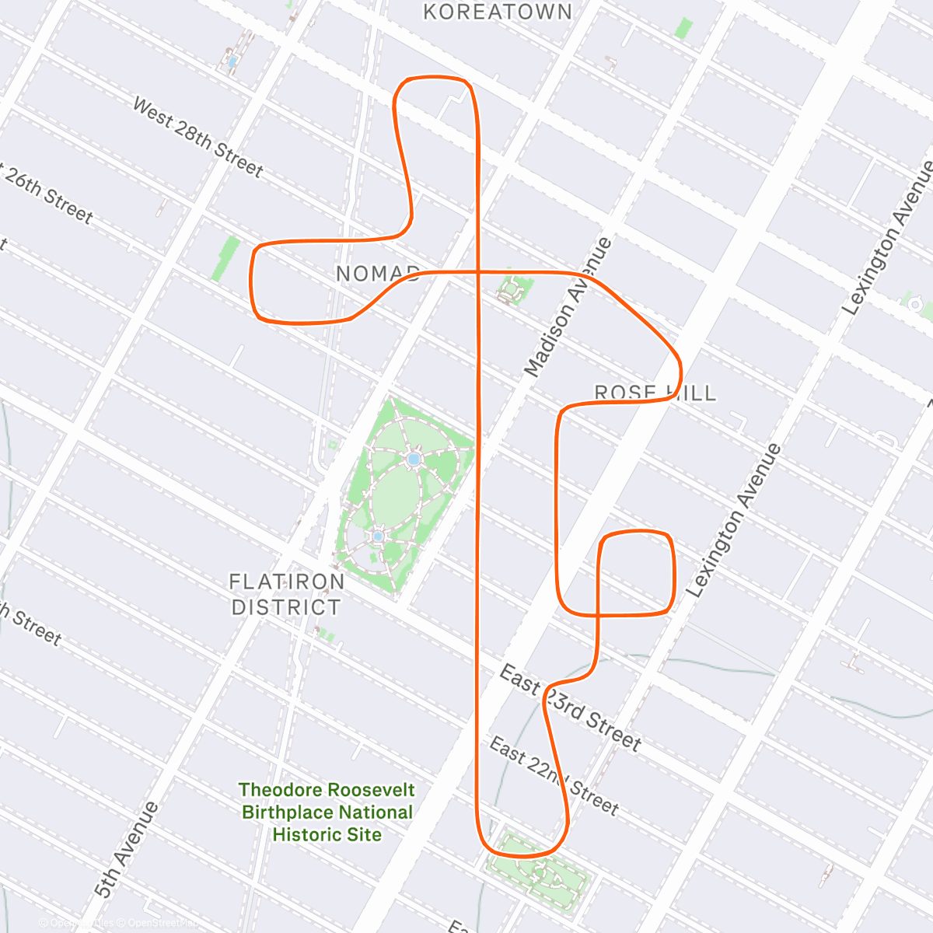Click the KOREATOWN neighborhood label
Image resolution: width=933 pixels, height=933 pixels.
click(498, 12)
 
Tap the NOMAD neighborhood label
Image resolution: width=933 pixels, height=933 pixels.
click(378, 274)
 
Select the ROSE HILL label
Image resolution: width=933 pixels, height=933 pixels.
click(655, 393)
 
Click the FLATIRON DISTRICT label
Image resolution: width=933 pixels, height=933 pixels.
click(287, 594)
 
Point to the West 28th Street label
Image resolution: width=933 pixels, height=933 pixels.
click(197, 137)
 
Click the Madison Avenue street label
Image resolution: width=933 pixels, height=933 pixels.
click(568, 307)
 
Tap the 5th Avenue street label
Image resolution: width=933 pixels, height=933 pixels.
click(126, 850)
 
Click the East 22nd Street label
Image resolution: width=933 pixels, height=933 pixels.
click(554, 777)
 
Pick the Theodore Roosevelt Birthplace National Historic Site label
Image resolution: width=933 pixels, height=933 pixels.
click(327, 812)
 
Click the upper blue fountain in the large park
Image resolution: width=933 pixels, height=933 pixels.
click(414, 460)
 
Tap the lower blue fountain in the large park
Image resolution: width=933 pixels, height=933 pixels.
click(378, 536)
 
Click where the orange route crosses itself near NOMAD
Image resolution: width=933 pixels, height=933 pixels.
click(477, 271)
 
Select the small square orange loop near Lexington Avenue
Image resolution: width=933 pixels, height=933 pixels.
click(635, 572)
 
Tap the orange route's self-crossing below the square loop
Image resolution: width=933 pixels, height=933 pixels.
click(597, 615)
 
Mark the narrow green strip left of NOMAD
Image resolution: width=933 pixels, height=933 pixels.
click(225, 259)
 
